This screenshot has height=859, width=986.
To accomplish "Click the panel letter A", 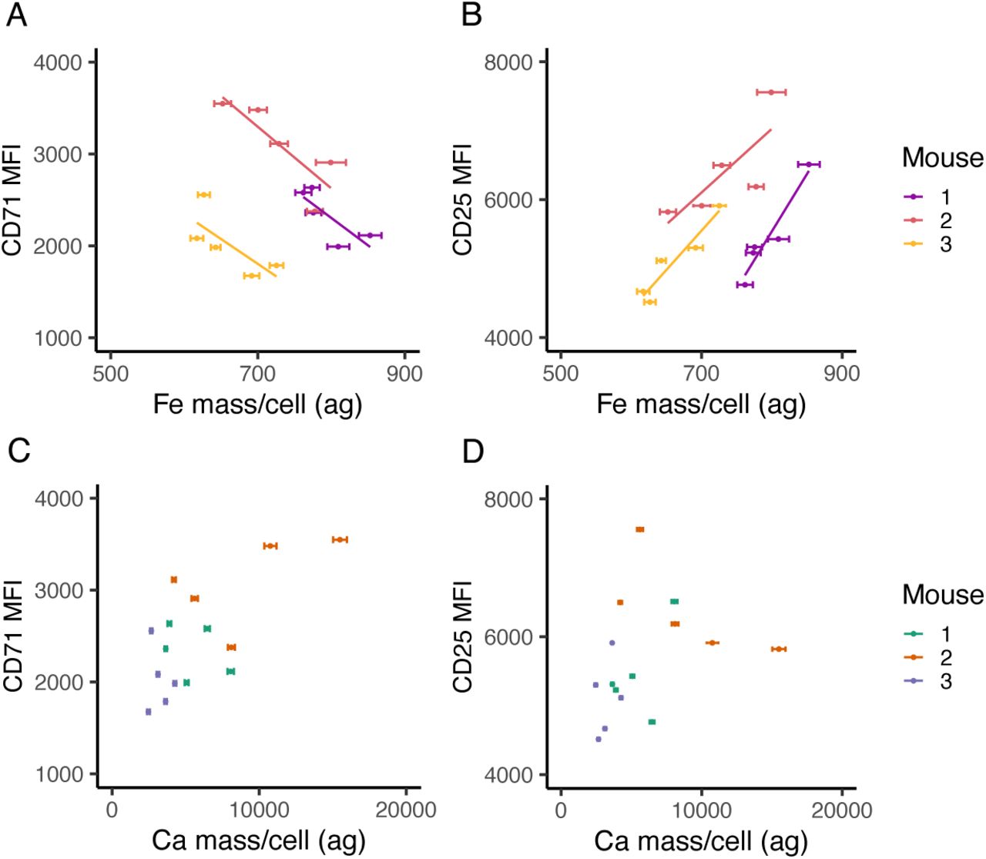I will tap(16, 15).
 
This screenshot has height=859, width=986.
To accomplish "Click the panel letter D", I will tap(472, 451).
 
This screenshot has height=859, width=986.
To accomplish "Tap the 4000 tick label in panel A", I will tap(58, 62).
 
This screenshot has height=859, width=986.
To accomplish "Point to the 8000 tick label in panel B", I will tap(508, 62).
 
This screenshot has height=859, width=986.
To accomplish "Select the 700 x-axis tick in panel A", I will tap(257, 374).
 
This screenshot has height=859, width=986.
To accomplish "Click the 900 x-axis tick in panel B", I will tap(841, 374).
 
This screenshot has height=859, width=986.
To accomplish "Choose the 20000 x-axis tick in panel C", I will tap(406, 810).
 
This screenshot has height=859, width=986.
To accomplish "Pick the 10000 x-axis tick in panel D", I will tap(701, 810).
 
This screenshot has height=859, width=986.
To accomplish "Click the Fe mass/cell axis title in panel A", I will tap(257, 404).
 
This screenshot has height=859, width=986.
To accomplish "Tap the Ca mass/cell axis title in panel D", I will tap(701, 841).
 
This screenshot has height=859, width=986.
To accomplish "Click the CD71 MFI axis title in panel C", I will tap(13, 636).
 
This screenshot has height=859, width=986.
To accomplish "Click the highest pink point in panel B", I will tap(770, 92).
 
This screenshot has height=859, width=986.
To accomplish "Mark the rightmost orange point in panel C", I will tap(340, 539).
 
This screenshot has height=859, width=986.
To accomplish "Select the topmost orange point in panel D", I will tap(639, 529).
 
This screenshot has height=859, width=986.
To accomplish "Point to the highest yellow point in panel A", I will tap(203, 195).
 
